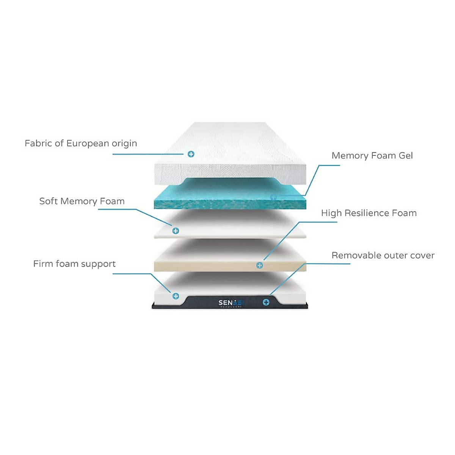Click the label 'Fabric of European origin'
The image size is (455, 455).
click(81, 144)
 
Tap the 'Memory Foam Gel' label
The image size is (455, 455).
click(372, 156)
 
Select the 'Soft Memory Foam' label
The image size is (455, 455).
click(82, 201)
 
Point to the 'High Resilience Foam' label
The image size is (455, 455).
click(369, 213)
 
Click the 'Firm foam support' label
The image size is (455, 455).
click(74, 264)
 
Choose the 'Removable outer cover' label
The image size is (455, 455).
click(383, 256)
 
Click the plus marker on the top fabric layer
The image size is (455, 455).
click(191, 154)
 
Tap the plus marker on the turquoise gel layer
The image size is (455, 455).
click(273, 197)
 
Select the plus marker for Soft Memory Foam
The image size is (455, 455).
click(176, 231)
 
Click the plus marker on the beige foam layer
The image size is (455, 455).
click(260, 265)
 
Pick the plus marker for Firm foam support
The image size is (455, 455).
click(176, 296)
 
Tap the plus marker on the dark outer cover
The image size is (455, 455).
click(266, 302)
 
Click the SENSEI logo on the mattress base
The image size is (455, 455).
click(231, 303)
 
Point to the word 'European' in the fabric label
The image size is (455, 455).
click(86, 144)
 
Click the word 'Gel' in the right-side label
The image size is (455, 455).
click(405, 156)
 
